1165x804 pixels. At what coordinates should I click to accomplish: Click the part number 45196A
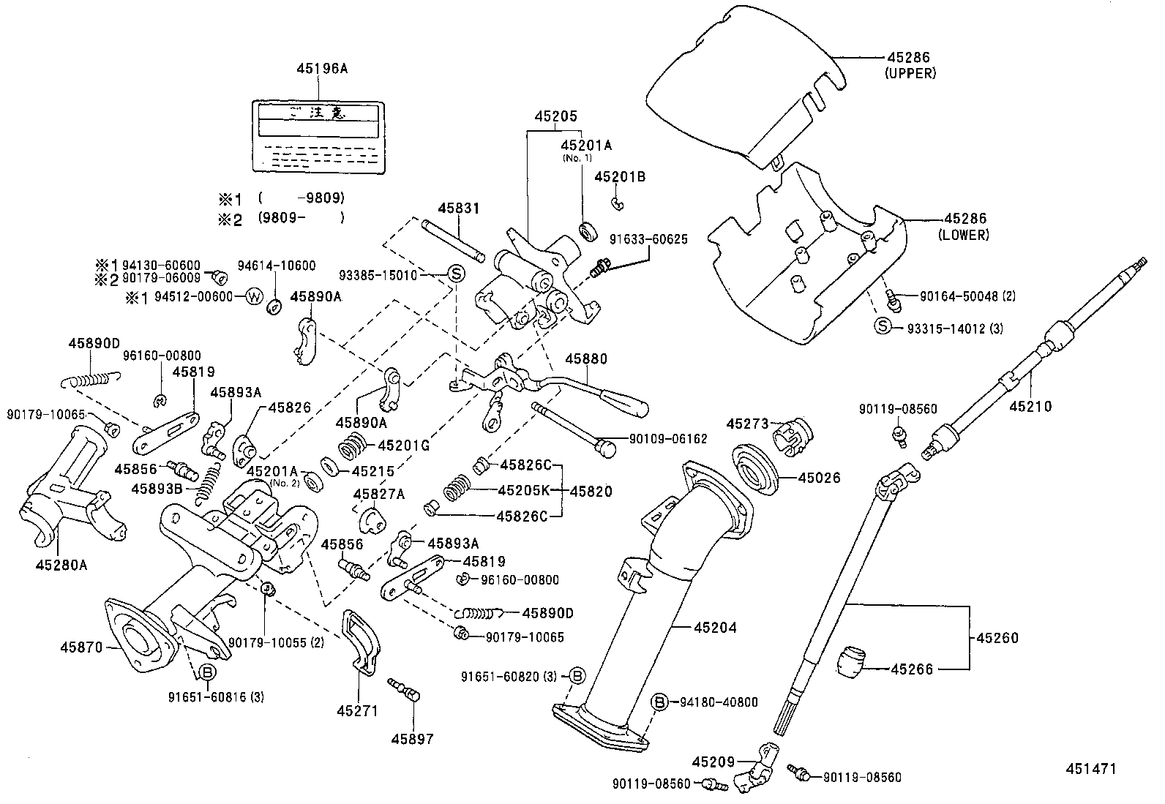pyautogui.click(x=321, y=69)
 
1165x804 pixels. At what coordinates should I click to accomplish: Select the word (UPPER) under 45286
pyautogui.click(x=910, y=72)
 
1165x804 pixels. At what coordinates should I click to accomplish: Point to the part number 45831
pyautogui.click(x=459, y=208)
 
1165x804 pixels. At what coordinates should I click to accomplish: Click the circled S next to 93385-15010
pyautogui.click(x=455, y=275)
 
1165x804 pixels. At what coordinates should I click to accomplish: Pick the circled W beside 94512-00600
pyautogui.click(x=254, y=296)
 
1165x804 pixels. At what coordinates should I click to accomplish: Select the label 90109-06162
pyautogui.click(x=668, y=439)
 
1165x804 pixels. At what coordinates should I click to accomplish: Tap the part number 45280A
pyautogui.click(x=61, y=564)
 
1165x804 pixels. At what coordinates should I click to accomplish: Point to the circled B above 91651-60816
pyautogui.click(x=207, y=672)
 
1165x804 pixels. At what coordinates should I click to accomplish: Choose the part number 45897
pyautogui.click(x=412, y=739)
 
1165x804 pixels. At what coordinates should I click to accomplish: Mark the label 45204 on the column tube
pyautogui.click(x=715, y=627)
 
